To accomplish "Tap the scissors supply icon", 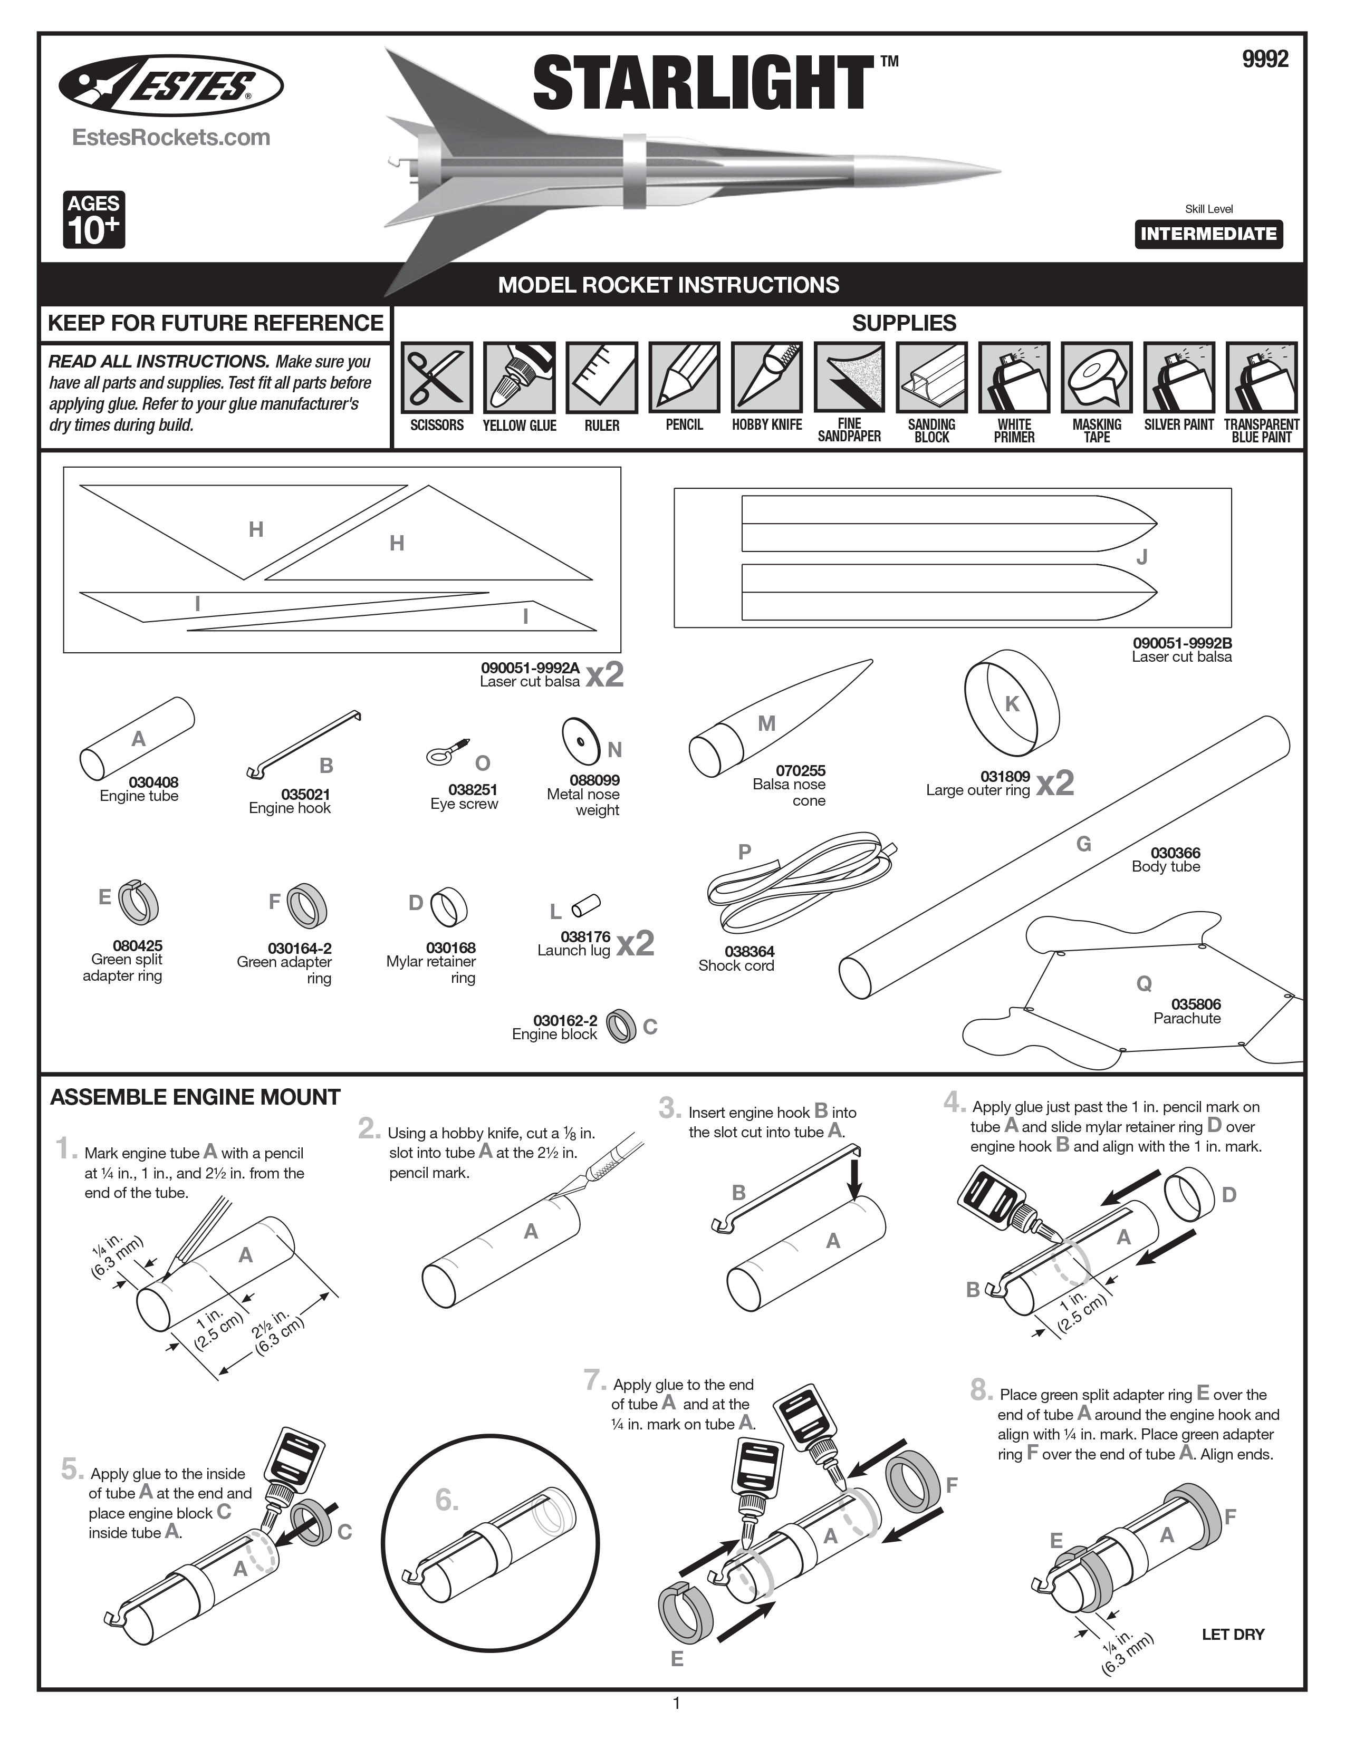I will click(x=437, y=378).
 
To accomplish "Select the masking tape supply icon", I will click(x=1097, y=378).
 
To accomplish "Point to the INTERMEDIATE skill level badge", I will click(x=1208, y=234).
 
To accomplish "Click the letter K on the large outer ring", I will click(x=1012, y=703).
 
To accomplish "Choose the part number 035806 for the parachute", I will click(x=1196, y=1004).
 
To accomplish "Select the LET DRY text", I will click(x=1233, y=1634).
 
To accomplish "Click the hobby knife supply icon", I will click(x=766, y=378).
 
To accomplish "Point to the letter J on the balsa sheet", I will click(x=1141, y=557).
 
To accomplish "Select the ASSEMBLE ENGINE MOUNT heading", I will click(x=195, y=1097).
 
